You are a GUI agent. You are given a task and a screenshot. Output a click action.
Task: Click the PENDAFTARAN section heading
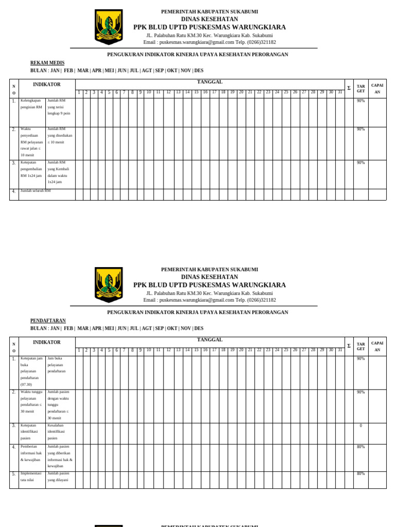point(48,321)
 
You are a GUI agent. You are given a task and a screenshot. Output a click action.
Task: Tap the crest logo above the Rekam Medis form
point(109,27)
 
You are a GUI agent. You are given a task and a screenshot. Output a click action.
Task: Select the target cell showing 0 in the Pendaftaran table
point(361,426)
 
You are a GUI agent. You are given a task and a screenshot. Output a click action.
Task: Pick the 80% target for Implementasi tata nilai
point(361,473)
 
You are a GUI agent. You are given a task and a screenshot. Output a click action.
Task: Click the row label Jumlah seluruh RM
point(35,191)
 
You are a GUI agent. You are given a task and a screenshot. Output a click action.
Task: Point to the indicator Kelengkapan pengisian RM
point(31,104)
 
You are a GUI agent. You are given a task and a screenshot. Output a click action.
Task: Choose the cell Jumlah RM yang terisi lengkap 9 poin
point(59,107)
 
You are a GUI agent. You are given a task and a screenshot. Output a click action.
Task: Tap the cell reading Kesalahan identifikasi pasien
point(59,432)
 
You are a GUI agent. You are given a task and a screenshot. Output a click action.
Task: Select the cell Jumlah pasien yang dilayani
point(59,477)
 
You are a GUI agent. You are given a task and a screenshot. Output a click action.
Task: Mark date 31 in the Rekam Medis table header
point(339,92)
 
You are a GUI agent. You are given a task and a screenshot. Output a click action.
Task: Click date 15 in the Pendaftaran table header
point(196,350)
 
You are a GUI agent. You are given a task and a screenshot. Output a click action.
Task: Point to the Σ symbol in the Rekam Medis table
point(349,88)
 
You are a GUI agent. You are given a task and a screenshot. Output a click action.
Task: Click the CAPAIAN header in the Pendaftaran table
point(377,346)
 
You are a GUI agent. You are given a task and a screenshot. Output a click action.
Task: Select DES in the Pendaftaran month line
point(199,328)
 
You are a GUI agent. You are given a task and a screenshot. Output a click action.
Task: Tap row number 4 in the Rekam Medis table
point(14,191)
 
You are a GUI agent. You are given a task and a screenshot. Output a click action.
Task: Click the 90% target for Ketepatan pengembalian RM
point(361,163)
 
